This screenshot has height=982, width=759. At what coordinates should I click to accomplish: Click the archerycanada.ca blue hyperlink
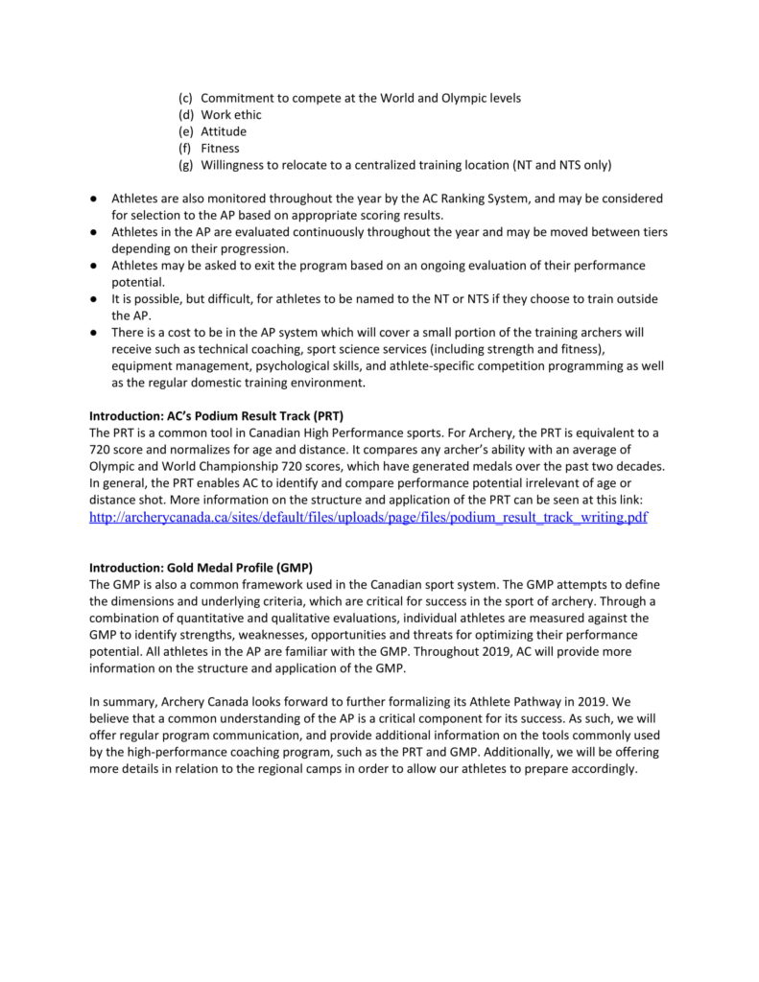pos(368,517)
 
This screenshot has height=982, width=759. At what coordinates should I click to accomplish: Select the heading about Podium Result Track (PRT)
pos(216,416)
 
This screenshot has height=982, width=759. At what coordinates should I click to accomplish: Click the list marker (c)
pos(186,99)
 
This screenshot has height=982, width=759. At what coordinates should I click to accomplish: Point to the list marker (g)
pos(186,165)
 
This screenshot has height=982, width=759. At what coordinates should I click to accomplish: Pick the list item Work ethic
pos(231,115)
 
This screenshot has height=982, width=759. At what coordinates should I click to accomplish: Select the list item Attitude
pos(224,131)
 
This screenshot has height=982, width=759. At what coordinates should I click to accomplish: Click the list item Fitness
pos(221,149)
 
